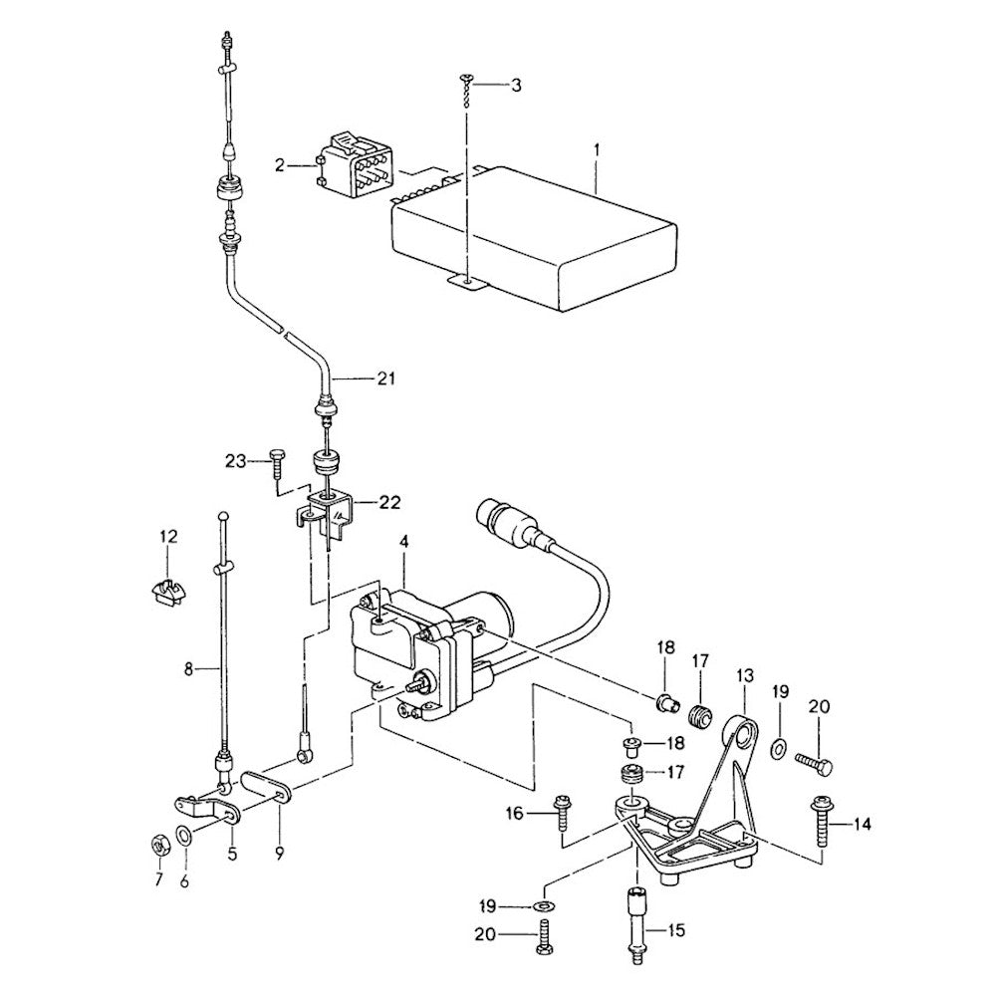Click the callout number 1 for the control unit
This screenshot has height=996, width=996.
[x=596, y=149]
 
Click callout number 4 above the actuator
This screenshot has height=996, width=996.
[x=404, y=543]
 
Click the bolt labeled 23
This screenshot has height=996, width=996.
[x=276, y=459]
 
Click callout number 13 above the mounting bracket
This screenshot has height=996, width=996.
[x=745, y=677]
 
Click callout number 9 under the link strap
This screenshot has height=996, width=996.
[x=280, y=852]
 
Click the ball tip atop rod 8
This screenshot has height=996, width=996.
[x=225, y=515]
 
